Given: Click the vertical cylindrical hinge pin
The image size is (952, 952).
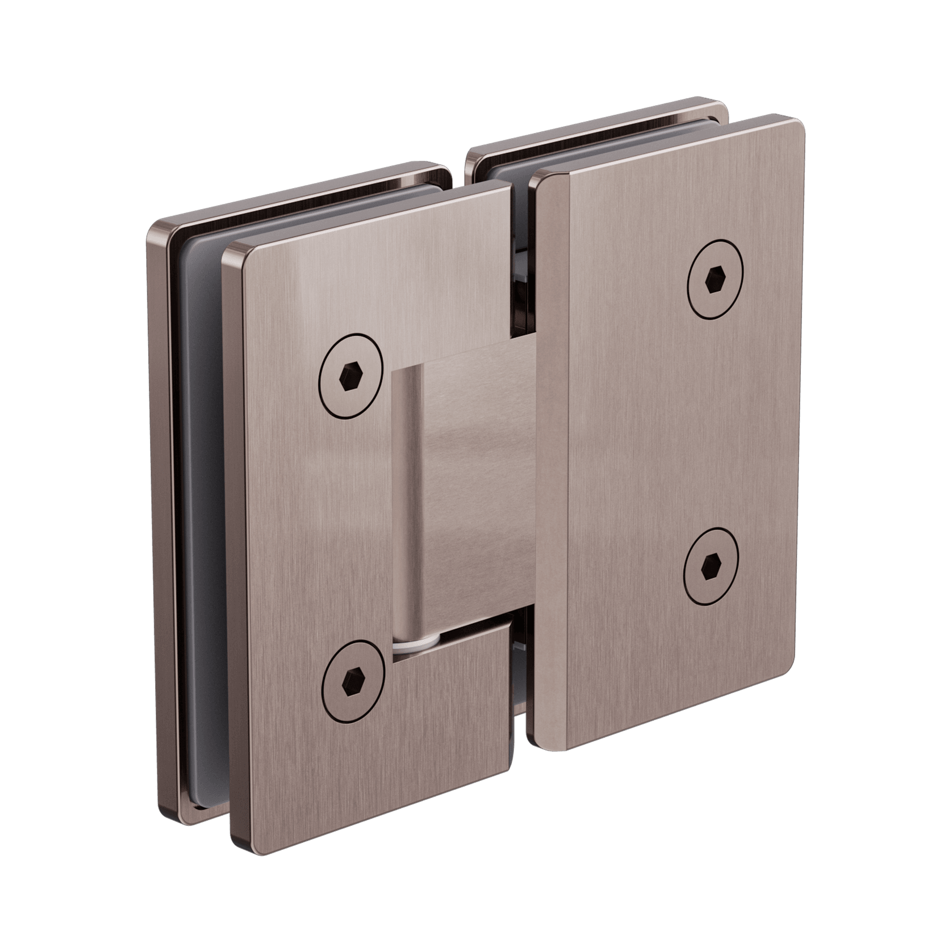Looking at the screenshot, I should coord(407,500).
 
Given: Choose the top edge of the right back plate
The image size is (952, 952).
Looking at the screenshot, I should coord(596,122).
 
